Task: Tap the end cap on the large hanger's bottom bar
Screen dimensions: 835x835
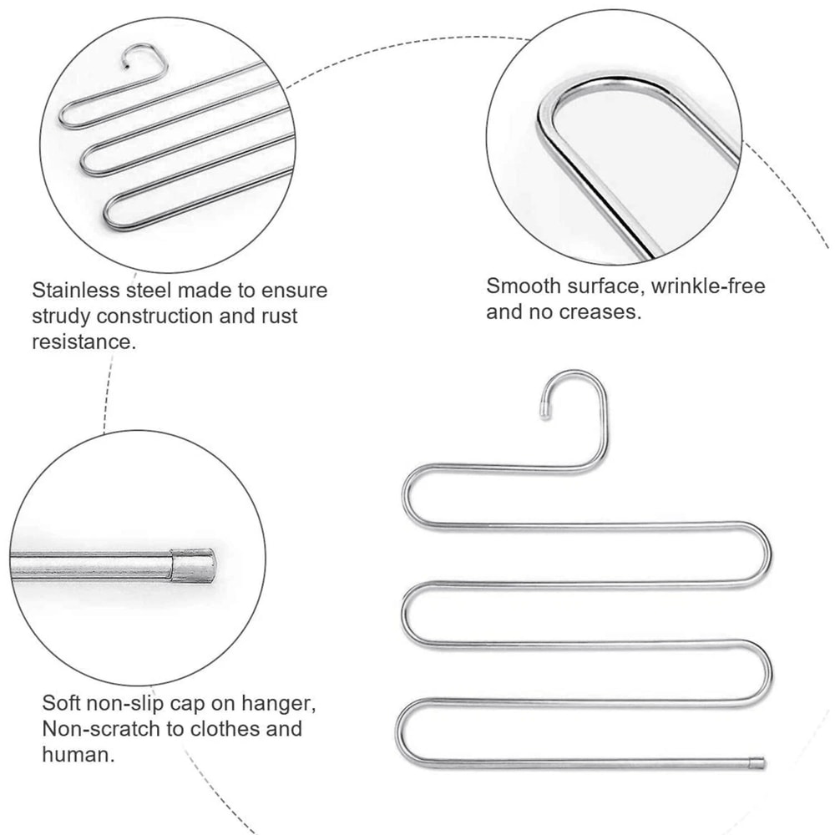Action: click(x=757, y=762)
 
